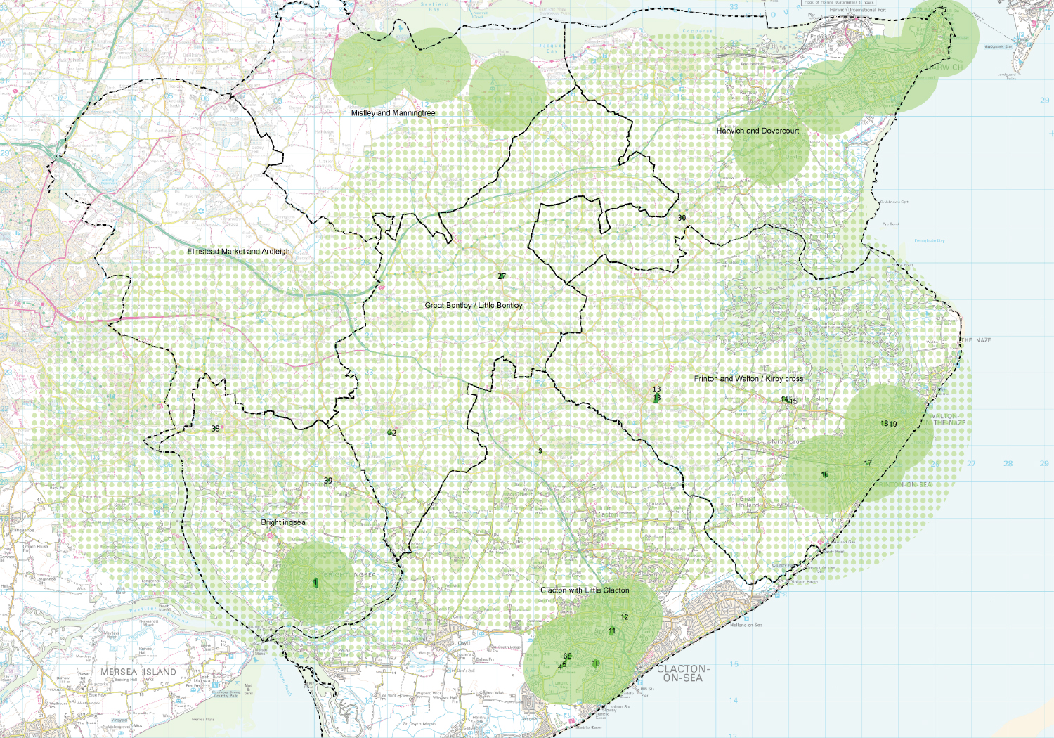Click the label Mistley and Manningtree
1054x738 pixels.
click(x=393, y=113)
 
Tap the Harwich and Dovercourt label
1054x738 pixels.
click(x=757, y=131)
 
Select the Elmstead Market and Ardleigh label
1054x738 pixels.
click(x=238, y=252)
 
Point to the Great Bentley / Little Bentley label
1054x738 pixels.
click(x=474, y=305)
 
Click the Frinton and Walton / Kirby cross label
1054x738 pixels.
click(x=748, y=379)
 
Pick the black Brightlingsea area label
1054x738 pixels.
click(x=283, y=522)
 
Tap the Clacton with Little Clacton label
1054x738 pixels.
click(x=585, y=590)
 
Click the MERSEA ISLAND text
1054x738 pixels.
click(x=138, y=672)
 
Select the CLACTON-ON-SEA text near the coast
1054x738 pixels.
click(x=682, y=673)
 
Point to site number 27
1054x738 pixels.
click(x=502, y=276)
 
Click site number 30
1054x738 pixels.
click(x=682, y=218)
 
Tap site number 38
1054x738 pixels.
click(x=215, y=429)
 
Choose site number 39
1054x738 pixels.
click(x=328, y=481)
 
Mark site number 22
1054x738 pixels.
click(x=392, y=433)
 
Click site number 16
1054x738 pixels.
click(x=825, y=474)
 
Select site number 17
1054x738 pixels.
click(x=868, y=463)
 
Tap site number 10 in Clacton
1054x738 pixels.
click(x=596, y=663)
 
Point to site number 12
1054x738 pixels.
click(x=625, y=617)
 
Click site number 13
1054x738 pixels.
click(x=656, y=389)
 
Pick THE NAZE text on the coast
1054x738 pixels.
click(x=976, y=340)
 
